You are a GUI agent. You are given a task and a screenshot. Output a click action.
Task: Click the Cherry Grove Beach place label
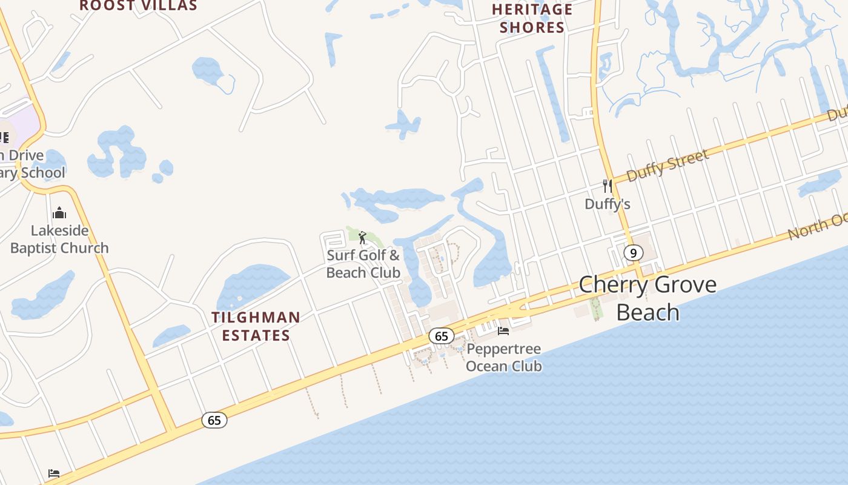648,298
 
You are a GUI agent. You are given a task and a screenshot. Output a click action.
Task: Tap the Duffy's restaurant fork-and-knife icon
608,186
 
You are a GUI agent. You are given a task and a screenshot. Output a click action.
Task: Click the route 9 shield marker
633,253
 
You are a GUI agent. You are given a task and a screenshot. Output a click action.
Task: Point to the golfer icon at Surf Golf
362,237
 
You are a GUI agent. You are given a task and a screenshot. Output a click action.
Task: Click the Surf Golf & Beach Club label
363,264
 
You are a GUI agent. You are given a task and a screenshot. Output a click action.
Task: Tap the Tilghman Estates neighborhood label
256,326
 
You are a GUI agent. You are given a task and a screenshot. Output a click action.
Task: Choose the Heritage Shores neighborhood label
532,18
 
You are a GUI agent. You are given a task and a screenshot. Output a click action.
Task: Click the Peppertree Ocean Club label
503,358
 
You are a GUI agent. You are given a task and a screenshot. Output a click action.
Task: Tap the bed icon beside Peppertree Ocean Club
503,330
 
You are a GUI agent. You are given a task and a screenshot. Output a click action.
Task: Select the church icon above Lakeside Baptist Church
59,213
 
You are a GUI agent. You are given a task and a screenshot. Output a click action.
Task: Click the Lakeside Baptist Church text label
59,239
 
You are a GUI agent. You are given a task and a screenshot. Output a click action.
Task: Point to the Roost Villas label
139,6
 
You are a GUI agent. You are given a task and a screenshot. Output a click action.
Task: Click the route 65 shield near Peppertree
441,336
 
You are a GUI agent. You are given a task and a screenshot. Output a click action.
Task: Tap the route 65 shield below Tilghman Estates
214,420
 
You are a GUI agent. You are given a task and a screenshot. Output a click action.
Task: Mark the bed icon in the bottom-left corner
54,473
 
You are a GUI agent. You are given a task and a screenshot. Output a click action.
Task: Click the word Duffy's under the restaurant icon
608,204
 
